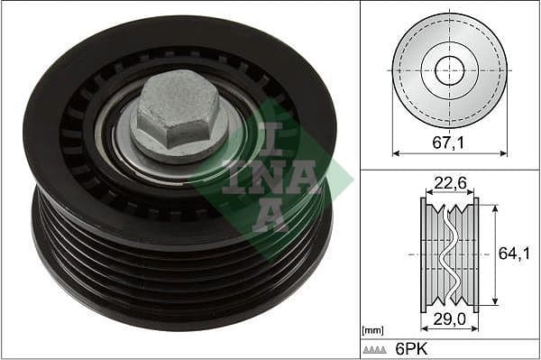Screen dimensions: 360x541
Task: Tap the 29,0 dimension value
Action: (x=449, y=320)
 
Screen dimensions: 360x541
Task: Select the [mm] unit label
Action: (x=371, y=331)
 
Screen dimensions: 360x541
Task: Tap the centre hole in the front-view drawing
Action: (x=449, y=70)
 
